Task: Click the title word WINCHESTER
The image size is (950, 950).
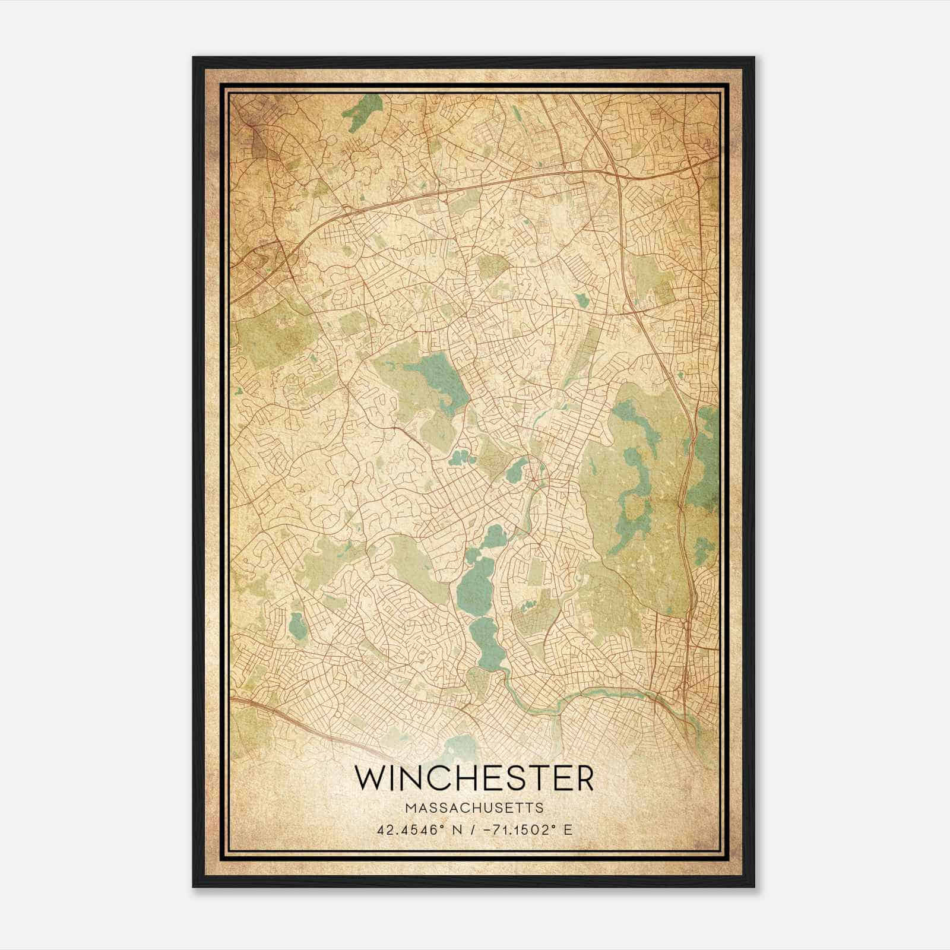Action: [x=474, y=777]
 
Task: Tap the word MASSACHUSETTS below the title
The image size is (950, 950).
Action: [x=474, y=808]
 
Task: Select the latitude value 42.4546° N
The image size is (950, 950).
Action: [x=419, y=829]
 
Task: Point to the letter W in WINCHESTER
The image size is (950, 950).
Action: [x=369, y=777]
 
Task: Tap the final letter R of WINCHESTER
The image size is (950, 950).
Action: [x=583, y=777]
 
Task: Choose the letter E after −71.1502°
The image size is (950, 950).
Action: [x=568, y=829]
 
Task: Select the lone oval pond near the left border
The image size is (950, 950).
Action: [x=297, y=623]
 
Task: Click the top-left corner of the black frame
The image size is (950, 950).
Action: [x=194, y=58]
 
